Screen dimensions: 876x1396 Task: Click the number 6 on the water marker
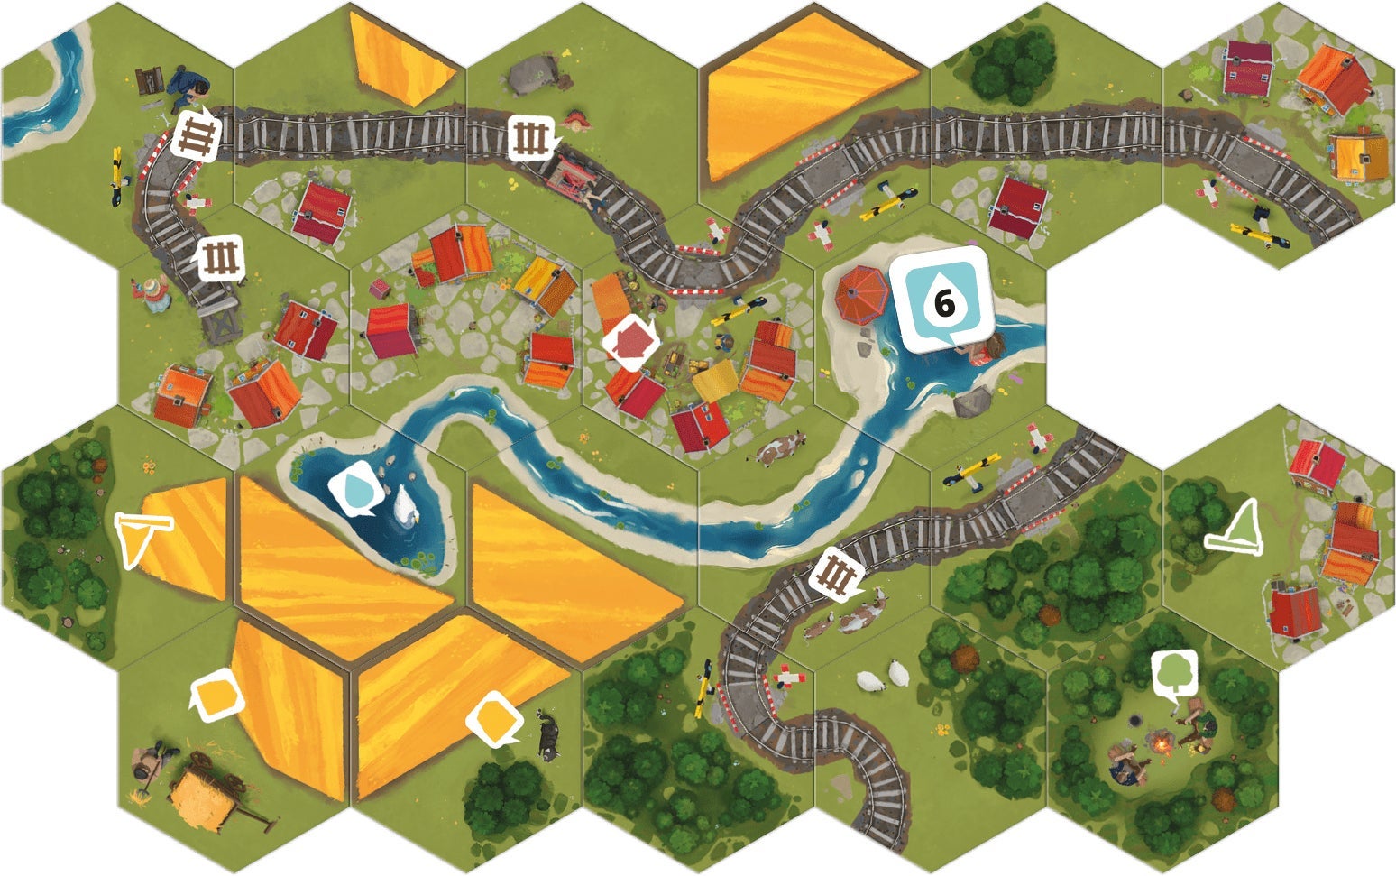point(943,304)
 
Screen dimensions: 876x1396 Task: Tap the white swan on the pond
point(405,506)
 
